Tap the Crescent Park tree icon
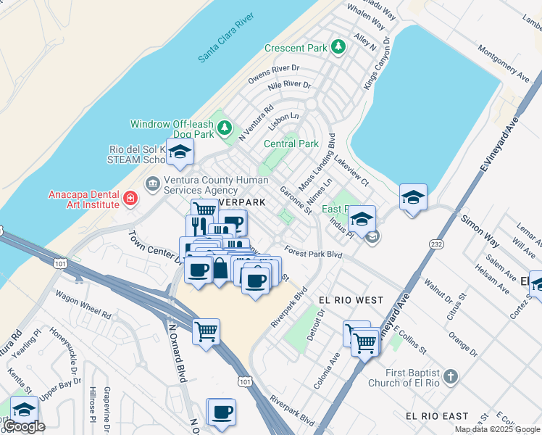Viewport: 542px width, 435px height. point(338,47)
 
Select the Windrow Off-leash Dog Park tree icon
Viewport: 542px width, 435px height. point(225,129)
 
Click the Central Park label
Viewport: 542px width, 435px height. point(291,144)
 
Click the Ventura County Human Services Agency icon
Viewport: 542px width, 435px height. point(153,182)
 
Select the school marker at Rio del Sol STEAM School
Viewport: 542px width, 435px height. point(180,152)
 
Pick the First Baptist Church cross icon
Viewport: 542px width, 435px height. point(451,376)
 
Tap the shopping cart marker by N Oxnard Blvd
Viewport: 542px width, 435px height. point(207,332)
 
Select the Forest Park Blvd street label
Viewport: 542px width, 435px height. point(313,254)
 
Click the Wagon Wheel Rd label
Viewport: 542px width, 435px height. point(86,315)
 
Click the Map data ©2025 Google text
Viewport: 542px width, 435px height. point(497,429)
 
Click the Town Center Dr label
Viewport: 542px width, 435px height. point(154,246)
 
